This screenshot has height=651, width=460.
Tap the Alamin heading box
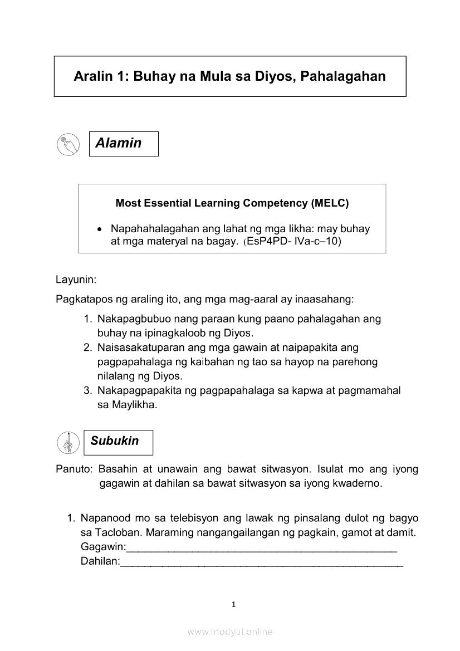tap(124, 144)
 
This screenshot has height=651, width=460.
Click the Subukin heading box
tap(118, 442)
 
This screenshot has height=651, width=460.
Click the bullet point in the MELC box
tap(99, 229)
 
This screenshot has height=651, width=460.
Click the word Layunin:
tap(76, 278)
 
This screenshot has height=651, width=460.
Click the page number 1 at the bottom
tap(234, 604)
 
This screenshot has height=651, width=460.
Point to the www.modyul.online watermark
tap(230, 632)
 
